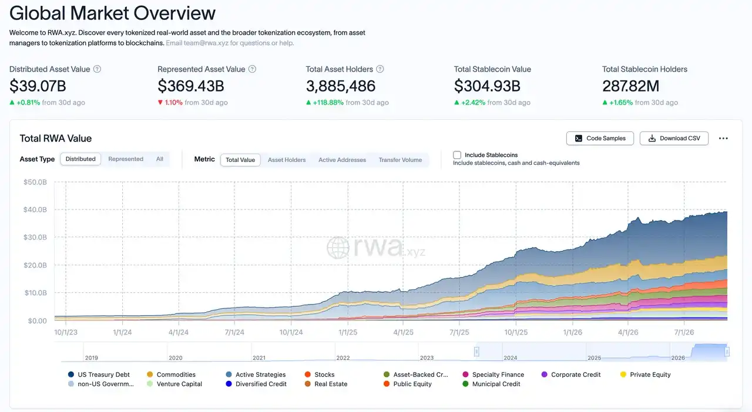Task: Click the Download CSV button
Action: (674, 139)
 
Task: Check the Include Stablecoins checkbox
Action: (457, 155)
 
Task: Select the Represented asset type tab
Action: (126, 159)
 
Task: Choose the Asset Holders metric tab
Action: (287, 160)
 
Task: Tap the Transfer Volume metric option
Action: (400, 160)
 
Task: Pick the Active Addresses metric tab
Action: (342, 160)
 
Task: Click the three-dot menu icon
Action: (723, 139)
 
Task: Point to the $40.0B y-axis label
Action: (35, 210)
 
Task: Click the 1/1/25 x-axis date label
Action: (348, 332)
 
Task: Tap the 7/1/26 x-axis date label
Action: (684, 332)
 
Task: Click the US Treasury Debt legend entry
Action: (99, 374)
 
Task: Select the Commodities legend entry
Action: (171, 374)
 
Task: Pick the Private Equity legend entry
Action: (645, 374)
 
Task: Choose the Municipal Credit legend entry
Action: (491, 384)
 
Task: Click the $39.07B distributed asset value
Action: (38, 86)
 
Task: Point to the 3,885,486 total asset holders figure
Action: (340, 86)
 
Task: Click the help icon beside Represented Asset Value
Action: (252, 69)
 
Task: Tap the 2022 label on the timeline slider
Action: (343, 357)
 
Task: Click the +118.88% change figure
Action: (328, 102)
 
